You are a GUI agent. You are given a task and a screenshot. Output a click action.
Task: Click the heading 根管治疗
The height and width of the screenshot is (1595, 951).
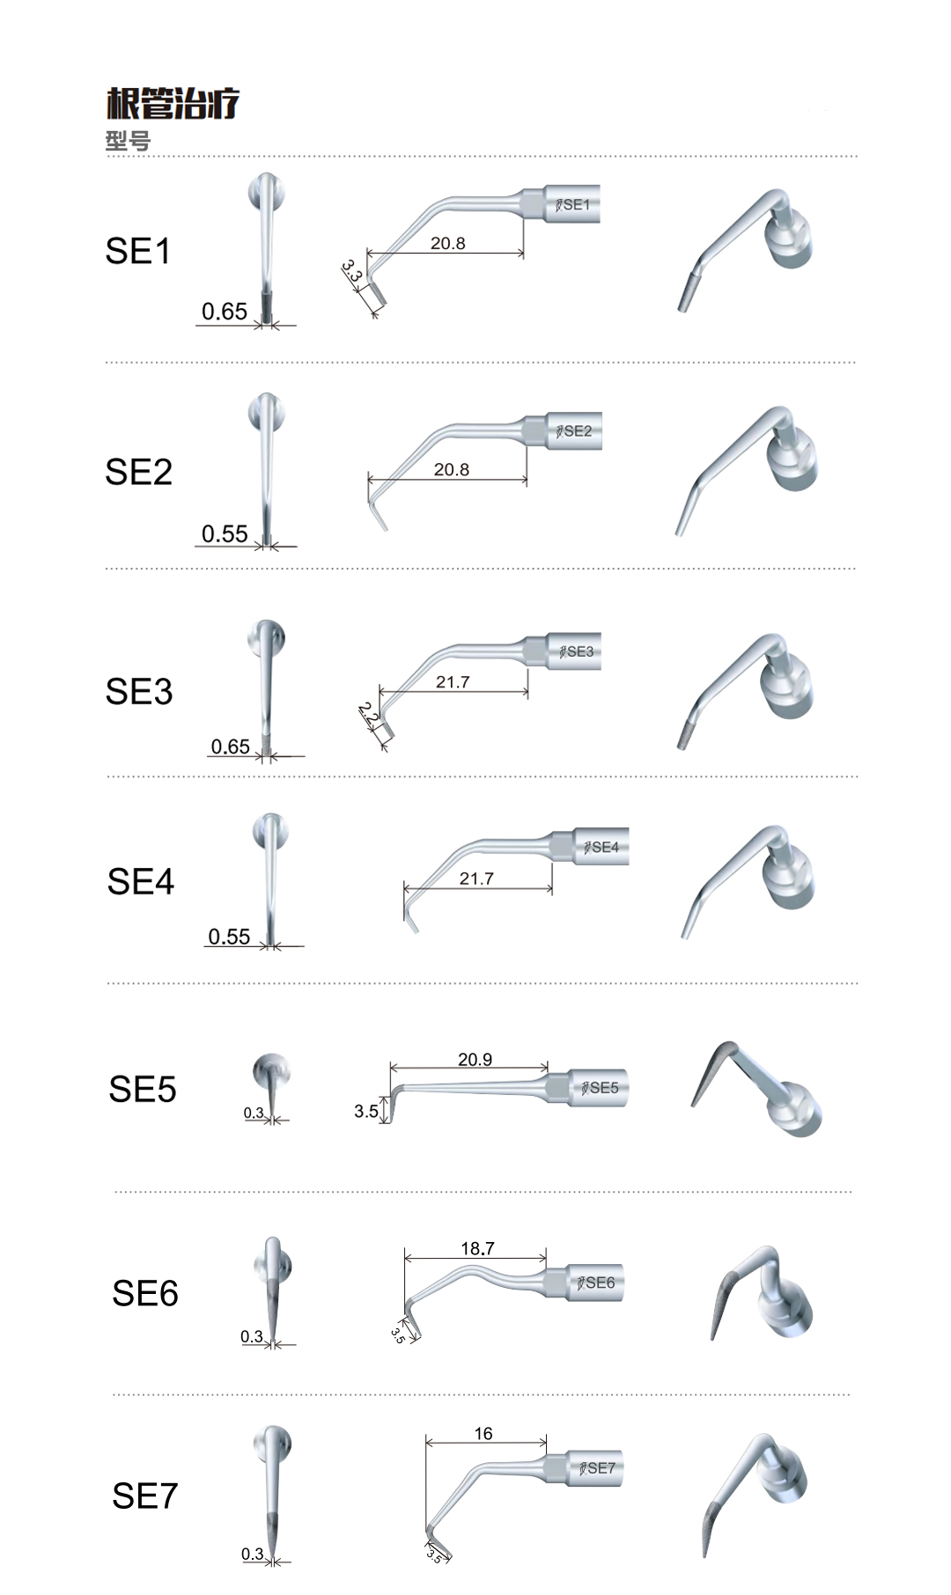173,104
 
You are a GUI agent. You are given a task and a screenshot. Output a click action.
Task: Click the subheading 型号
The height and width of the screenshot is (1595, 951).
128,141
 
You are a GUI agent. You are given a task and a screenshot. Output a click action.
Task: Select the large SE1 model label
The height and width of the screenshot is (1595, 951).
138,252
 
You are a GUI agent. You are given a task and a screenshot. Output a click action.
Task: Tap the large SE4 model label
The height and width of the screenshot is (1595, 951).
141,882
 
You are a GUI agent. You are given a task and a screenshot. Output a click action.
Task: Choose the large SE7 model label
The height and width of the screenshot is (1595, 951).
145,1496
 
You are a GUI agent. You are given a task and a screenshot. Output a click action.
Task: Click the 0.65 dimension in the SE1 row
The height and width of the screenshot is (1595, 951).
225,312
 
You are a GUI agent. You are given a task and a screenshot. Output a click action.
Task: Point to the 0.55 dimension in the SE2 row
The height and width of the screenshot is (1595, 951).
225,534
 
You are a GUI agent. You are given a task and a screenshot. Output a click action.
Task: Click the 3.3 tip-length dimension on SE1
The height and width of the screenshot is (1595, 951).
352,271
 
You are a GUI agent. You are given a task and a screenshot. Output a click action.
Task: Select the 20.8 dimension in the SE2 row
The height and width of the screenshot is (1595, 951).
452,470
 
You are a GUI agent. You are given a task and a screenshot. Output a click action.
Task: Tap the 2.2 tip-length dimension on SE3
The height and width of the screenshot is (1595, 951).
369,714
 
